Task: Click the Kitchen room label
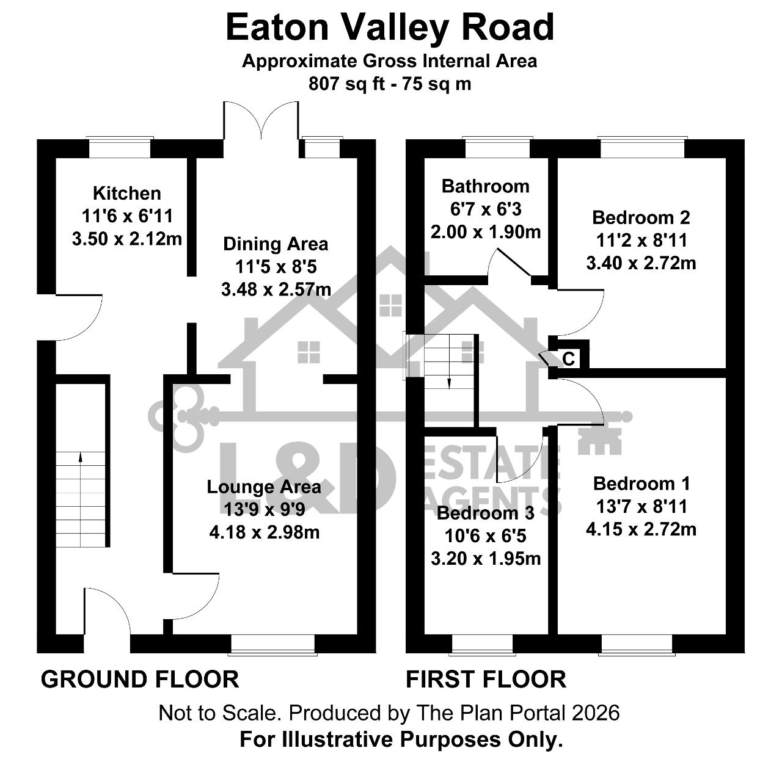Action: (x=127, y=193)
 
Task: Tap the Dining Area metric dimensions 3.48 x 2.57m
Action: (x=276, y=289)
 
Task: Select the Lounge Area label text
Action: (x=264, y=487)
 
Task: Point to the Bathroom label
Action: (x=486, y=186)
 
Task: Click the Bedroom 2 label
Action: (x=641, y=217)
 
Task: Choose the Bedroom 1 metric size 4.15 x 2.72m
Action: (x=641, y=529)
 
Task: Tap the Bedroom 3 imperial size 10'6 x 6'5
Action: (x=486, y=535)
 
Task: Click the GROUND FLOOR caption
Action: (x=140, y=679)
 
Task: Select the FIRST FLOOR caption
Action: (x=486, y=679)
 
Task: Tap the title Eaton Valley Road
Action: (x=390, y=27)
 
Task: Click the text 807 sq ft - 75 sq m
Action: (x=390, y=84)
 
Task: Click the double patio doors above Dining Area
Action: (x=261, y=120)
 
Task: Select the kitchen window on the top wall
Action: (x=120, y=147)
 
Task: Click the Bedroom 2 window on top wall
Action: (x=643, y=147)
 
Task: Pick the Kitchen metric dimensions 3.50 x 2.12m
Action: (x=127, y=239)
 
